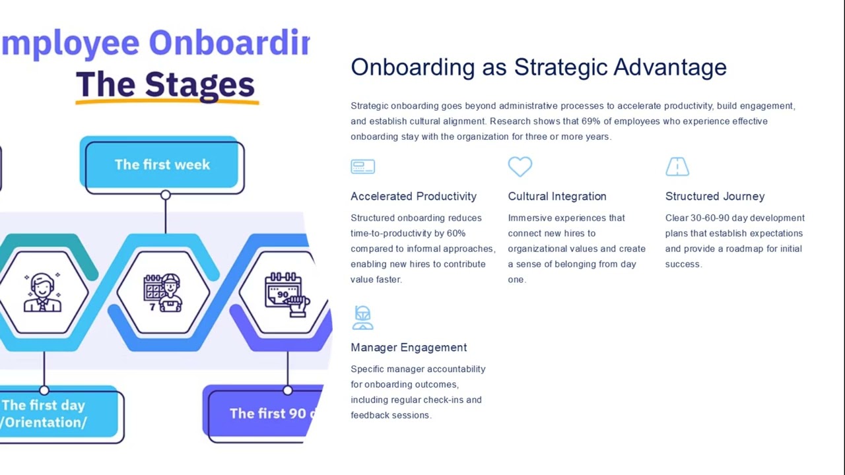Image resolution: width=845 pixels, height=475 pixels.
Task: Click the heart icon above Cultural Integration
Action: pyautogui.click(x=520, y=166)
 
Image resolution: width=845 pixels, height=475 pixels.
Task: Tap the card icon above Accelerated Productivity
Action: pyautogui.click(x=362, y=167)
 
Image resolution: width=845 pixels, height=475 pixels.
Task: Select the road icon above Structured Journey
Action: pyautogui.click(x=677, y=167)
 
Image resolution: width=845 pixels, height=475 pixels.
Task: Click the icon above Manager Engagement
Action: pyautogui.click(x=362, y=317)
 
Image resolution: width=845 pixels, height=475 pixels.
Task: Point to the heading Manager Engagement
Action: pyautogui.click(x=409, y=348)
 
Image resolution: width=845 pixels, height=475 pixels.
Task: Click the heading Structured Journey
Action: pyautogui.click(x=715, y=197)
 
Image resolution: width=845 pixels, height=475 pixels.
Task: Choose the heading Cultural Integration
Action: pyautogui.click(x=557, y=197)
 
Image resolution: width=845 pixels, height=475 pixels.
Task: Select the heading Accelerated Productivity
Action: pyautogui.click(x=413, y=197)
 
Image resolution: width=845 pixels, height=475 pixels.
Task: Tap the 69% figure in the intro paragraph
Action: pyautogui.click(x=590, y=121)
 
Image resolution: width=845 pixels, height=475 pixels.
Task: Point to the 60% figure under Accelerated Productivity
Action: pyautogui.click(x=456, y=234)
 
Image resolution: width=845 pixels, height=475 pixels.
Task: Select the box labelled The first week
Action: pyautogui.click(x=162, y=165)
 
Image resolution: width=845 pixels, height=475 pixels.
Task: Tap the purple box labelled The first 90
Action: pyautogui.click(x=264, y=414)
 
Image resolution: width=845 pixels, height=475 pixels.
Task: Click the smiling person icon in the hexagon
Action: pyautogui.click(x=42, y=292)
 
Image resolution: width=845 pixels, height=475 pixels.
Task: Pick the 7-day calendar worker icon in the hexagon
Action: pyautogui.click(x=162, y=292)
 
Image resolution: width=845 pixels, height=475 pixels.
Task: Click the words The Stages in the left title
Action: pyautogui.click(x=165, y=85)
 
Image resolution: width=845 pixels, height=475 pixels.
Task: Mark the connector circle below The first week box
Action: pyautogui.click(x=165, y=195)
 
